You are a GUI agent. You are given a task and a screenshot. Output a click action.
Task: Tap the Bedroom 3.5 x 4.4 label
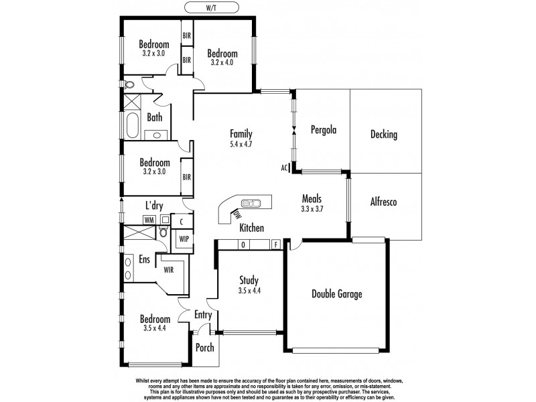(155, 324)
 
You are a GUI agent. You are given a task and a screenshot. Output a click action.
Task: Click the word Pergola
(322, 130)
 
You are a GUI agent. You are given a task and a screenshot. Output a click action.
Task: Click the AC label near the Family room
(285, 167)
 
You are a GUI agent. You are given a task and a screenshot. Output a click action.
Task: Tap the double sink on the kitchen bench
(251, 202)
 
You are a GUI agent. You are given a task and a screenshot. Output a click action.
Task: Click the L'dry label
(155, 206)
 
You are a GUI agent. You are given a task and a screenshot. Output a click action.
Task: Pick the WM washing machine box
(149, 220)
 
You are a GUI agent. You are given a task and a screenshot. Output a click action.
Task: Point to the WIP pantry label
(182, 238)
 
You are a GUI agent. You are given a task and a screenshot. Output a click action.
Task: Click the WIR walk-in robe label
(170, 269)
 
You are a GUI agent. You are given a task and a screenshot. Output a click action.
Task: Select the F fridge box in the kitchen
(275, 245)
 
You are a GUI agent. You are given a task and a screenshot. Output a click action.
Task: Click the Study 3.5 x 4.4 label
(249, 285)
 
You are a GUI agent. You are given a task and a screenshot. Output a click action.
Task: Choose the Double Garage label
(338, 293)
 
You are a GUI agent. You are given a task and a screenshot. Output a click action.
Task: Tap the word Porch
(204, 348)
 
